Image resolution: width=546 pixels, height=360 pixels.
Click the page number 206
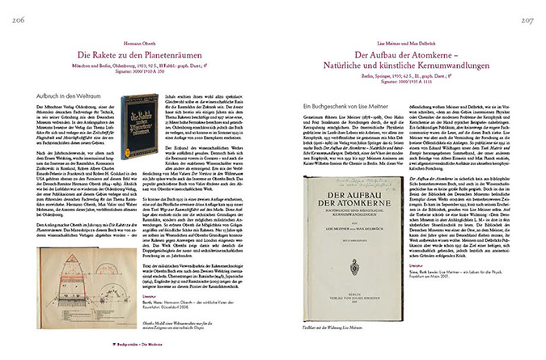[13, 11]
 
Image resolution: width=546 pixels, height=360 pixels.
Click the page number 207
[531, 11]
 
